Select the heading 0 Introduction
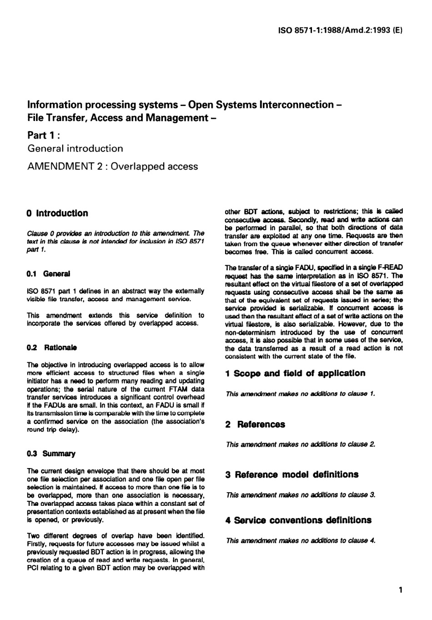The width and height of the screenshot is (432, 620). click(x=58, y=213)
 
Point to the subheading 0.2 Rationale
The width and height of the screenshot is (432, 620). click(x=52, y=348)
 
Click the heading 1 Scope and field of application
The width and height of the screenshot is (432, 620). click(x=295, y=373)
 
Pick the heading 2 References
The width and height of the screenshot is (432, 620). click(x=255, y=424)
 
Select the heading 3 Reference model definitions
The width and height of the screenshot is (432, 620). click(x=292, y=474)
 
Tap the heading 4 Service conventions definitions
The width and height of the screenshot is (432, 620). click(x=298, y=520)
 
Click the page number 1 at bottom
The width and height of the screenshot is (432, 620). click(x=400, y=590)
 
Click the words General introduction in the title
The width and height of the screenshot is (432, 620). click(x=75, y=148)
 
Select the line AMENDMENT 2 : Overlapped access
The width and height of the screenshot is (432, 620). click(x=113, y=166)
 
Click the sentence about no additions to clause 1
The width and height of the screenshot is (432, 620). click(x=301, y=394)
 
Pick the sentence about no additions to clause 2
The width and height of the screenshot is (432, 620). click(x=301, y=444)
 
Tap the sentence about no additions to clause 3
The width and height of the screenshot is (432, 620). click(x=301, y=495)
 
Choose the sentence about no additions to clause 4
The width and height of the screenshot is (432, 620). click(x=301, y=540)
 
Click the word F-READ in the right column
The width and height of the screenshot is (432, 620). click(x=390, y=267)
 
